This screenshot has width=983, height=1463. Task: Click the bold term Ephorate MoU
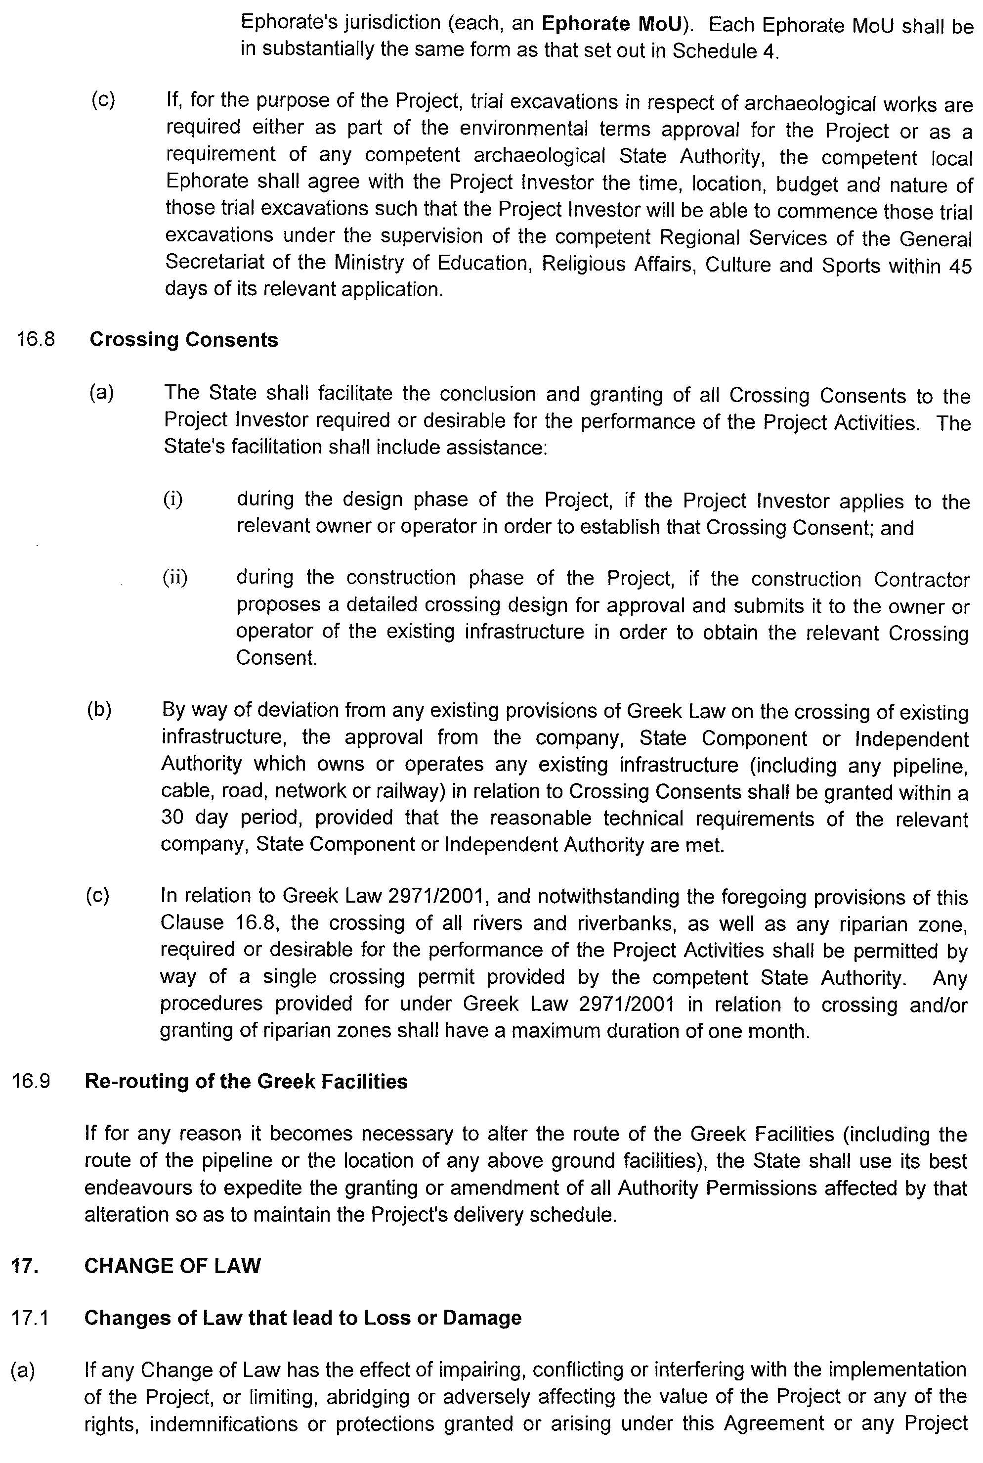coord(612,24)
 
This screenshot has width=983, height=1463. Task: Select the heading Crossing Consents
coord(184,339)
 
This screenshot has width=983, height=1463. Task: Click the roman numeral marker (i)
coord(173,500)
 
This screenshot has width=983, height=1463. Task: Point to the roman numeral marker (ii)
coord(175,577)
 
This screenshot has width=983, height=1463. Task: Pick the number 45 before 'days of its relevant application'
coord(960,266)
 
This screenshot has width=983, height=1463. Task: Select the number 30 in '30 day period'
coord(172,818)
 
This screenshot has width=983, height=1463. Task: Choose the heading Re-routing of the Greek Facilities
coord(246,1081)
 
